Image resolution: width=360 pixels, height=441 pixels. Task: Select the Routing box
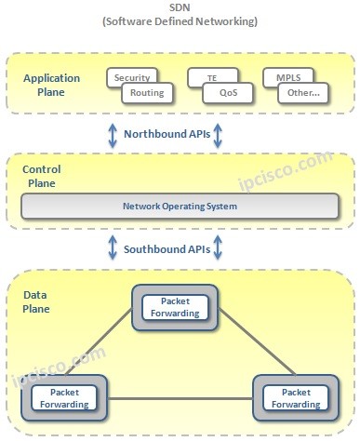146,92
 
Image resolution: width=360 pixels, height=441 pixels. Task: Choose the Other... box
302,92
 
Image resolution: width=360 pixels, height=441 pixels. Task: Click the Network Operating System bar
180,206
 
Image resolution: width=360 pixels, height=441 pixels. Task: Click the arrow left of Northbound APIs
111,135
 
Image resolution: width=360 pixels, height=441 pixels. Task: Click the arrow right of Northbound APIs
218,135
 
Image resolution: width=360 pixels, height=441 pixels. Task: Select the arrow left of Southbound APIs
111,249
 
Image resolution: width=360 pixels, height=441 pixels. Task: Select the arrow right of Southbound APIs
218,249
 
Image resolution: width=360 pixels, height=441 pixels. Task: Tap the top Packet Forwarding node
175,307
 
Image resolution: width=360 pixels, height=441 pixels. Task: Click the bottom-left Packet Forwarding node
64,398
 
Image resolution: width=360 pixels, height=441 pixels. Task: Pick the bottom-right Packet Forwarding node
294,398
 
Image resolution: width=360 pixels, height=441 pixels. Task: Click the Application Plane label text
51,85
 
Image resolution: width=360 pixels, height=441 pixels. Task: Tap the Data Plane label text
36,301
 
